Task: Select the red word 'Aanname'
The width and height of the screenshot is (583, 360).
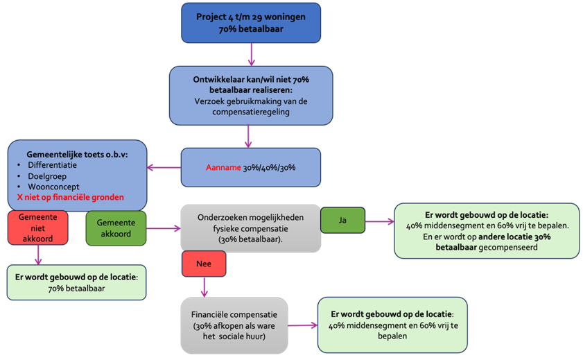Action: click(x=223, y=168)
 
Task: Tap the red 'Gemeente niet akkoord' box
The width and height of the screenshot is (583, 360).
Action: click(x=37, y=228)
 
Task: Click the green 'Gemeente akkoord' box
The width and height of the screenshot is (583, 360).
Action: click(x=117, y=228)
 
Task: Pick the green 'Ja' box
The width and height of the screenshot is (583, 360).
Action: click(x=342, y=220)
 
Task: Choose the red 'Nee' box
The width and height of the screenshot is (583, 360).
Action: click(x=204, y=264)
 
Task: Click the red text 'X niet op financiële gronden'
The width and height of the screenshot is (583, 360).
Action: click(x=71, y=198)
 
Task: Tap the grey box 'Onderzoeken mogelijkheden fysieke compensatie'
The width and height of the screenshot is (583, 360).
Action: click(x=250, y=228)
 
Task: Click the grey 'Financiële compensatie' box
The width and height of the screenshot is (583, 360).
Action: click(x=233, y=324)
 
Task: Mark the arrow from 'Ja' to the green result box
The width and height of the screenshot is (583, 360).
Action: click(x=378, y=221)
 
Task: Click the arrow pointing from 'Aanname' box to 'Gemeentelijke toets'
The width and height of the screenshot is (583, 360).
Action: click(x=164, y=167)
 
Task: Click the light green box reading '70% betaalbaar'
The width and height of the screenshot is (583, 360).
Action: click(x=76, y=282)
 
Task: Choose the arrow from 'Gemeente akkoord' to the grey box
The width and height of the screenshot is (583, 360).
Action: click(x=164, y=228)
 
